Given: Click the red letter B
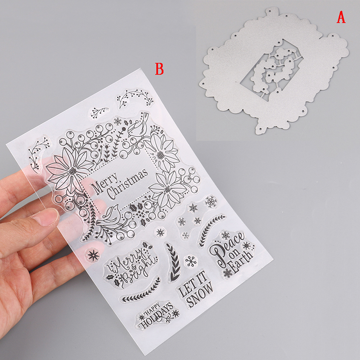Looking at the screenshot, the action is [159, 69].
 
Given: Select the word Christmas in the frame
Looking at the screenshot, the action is [127, 184].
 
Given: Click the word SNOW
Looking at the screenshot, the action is [200, 295].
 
